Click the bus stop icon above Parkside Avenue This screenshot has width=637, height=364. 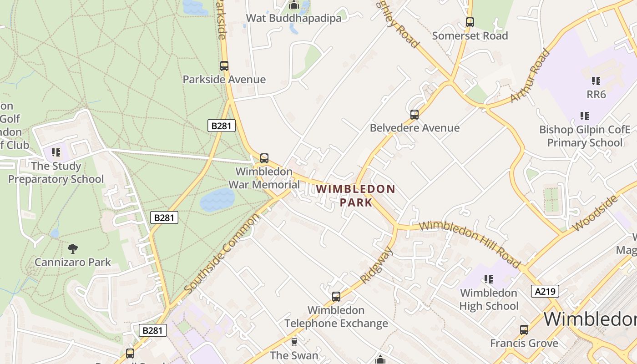(224, 66)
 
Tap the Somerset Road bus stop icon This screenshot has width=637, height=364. (470, 22)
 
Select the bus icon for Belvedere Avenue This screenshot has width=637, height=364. (414, 115)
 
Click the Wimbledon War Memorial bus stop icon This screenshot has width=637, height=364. (264, 158)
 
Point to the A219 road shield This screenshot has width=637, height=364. (545, 291)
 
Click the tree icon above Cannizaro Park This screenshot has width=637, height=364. (72, 248)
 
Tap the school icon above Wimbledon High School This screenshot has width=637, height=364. (489, 279)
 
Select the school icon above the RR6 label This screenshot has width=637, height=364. (596, 81)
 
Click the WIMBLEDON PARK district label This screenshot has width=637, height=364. (356, 195)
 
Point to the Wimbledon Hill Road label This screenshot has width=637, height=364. (469, 244)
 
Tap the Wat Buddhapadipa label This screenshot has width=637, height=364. (293, 18)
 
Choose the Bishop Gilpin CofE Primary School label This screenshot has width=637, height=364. (585, 136)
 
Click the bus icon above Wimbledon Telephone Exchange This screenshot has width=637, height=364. (336, 297)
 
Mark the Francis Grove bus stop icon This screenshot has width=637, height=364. (524, 330)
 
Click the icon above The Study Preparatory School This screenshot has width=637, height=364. (56, 152)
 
